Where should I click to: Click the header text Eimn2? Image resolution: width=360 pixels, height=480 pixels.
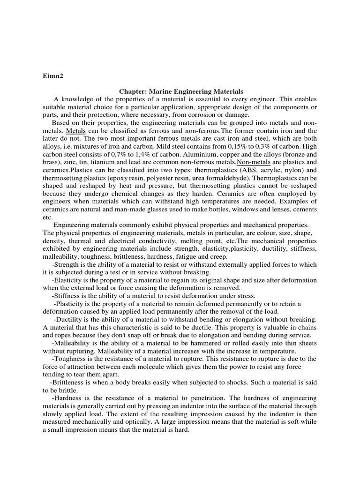[53, 74]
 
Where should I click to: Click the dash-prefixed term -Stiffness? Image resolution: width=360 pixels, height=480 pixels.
[68, 296]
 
